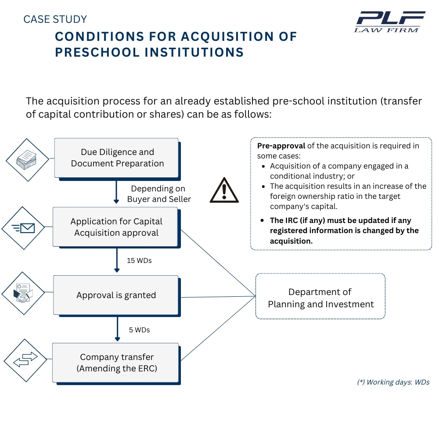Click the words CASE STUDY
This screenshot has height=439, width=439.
tap(55, 19)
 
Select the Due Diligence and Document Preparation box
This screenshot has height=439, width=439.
tap(117, 158)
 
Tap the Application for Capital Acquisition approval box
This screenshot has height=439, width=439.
tap(116, 227)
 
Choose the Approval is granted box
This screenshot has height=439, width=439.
tap(116, 295)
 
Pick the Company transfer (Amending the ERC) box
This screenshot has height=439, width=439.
tap(116, 363)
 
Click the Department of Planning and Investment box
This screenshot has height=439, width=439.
tap(320, 298)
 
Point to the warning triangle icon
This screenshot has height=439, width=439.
tap(224, 191)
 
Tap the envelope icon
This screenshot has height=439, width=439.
tap(25, 228)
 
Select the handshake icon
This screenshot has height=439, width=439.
tap(23, 294)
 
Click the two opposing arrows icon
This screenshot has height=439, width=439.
tap(25, 360)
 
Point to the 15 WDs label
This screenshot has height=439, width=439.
tap(139, 260)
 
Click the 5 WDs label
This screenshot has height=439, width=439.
tap(139, 329)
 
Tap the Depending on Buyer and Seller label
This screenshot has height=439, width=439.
tap(159, 194)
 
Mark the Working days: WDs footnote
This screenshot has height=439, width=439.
tap(393, 382)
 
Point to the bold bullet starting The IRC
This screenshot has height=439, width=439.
tap(344, 230)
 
